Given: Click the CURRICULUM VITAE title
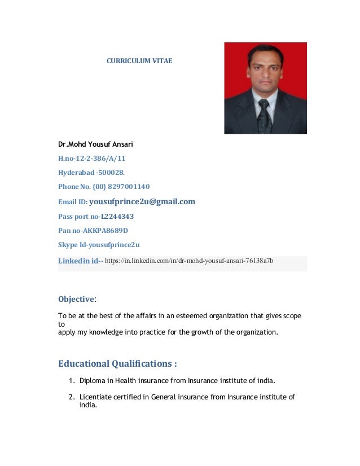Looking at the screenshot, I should (x=139, y=60).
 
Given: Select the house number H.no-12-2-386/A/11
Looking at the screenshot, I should (x=91, y=159).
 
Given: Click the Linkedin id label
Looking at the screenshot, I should (x=78, y=261).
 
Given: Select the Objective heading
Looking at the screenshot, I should (x=76, y=299).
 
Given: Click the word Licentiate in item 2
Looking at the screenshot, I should (x=96, y=397).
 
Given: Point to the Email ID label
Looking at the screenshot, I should (x=73, y=202).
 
